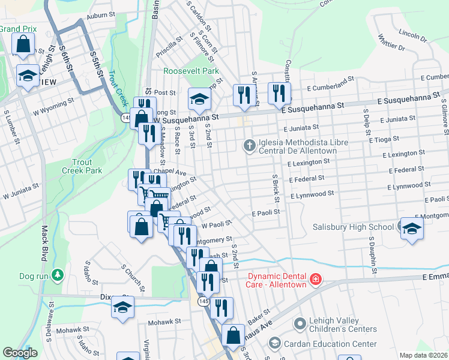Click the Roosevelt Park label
point(191,71)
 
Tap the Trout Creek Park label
point(79,166)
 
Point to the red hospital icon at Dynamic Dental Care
point(315,279)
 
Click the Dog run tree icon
point(57,275)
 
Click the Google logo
point(19,353)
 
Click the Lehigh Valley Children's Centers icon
point(301,325)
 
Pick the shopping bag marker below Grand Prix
point(22,44)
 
